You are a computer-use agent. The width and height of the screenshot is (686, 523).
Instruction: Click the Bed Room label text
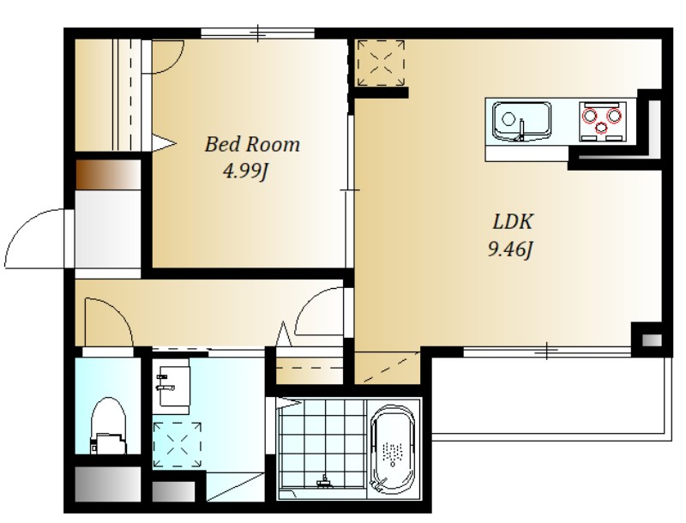(x=252, y=144)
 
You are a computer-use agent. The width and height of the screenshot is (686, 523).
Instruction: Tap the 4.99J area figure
(x=245, y=171)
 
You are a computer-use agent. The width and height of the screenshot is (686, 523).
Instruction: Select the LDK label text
(x=512, y=222)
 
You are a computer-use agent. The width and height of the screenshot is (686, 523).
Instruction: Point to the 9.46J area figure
(x=510, y=249)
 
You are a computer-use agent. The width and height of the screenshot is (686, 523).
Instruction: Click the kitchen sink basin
(x=521, y=121)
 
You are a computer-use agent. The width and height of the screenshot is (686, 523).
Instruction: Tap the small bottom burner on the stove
(x=602, y=127)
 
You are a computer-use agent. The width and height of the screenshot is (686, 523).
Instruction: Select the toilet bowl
(x=108, y=425)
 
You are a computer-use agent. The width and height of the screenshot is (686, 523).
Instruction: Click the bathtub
(x=393, y=449)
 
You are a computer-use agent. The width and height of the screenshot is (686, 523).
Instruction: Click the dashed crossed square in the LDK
(x=381, y=63)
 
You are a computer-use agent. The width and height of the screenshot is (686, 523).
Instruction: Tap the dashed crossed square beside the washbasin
(x=178, y=444)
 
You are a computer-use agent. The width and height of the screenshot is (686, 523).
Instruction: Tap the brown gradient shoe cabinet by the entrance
(x=109, y=175)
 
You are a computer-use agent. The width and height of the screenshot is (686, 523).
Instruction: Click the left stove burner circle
(x=589, y=116)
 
